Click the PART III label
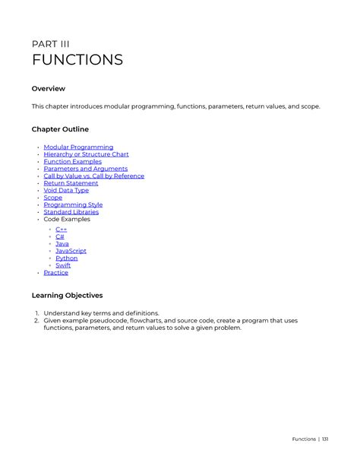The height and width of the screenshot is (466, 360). (51, 43)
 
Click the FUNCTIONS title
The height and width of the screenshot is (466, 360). (77, 60)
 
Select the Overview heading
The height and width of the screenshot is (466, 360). (48, 89)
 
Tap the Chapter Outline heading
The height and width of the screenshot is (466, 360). (60, 129)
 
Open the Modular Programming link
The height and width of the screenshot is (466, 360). (78, 147)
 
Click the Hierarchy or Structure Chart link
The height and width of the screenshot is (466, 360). (86, 154)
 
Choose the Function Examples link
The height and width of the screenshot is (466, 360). (72, 162)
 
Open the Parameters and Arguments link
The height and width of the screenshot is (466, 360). (85, 169)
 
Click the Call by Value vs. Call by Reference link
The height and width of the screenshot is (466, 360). (93, 176)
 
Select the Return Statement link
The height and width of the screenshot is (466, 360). (71, 183)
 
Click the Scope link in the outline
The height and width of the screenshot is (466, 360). (52, 198)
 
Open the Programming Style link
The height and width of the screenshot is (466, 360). (73, 204)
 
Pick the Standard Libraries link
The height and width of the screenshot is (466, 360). (71, 212)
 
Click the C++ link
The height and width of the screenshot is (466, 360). (61, 230)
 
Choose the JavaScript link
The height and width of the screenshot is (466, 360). (71, 251)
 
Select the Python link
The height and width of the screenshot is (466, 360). (66, 258)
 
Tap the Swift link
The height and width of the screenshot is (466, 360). (63, 265)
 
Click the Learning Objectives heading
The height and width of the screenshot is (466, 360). (67, 295)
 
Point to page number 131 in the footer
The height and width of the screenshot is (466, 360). (325, 439)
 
